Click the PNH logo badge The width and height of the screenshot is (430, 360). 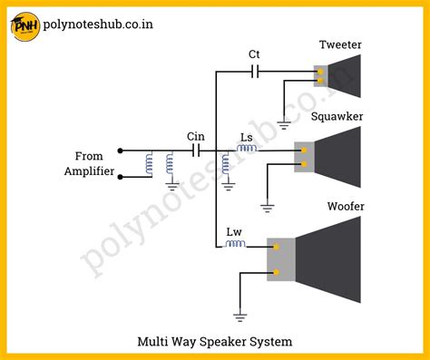pos(25,26)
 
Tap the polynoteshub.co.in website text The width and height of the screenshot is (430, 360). pos(98,24)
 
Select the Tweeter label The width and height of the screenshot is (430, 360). pos(340,44)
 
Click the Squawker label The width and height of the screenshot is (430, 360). pos(337,116)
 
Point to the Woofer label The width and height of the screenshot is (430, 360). pos(346,206)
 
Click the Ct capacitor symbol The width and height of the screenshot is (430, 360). pos(255,72)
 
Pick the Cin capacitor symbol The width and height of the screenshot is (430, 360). pos(196,151)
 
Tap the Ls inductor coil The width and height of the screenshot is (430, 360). pos(247,148)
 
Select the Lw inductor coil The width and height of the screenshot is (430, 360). pos(235,244)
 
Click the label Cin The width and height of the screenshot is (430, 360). pos(196,137)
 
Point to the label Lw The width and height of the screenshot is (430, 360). pos(234,232)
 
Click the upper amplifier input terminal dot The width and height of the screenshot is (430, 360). pos(120,151)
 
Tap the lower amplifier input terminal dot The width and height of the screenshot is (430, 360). pos(120,177)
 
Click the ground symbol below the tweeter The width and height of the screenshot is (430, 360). pos(284,125)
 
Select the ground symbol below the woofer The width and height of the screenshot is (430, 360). pos(240,317)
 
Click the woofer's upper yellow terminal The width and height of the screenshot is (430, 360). pos(276,247)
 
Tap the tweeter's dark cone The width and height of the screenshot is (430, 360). pos(345,76)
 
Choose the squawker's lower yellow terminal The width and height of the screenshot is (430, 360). pos(304,164)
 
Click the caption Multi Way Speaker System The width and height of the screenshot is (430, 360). pos(215,342)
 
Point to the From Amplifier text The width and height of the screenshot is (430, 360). pos(89,163)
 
